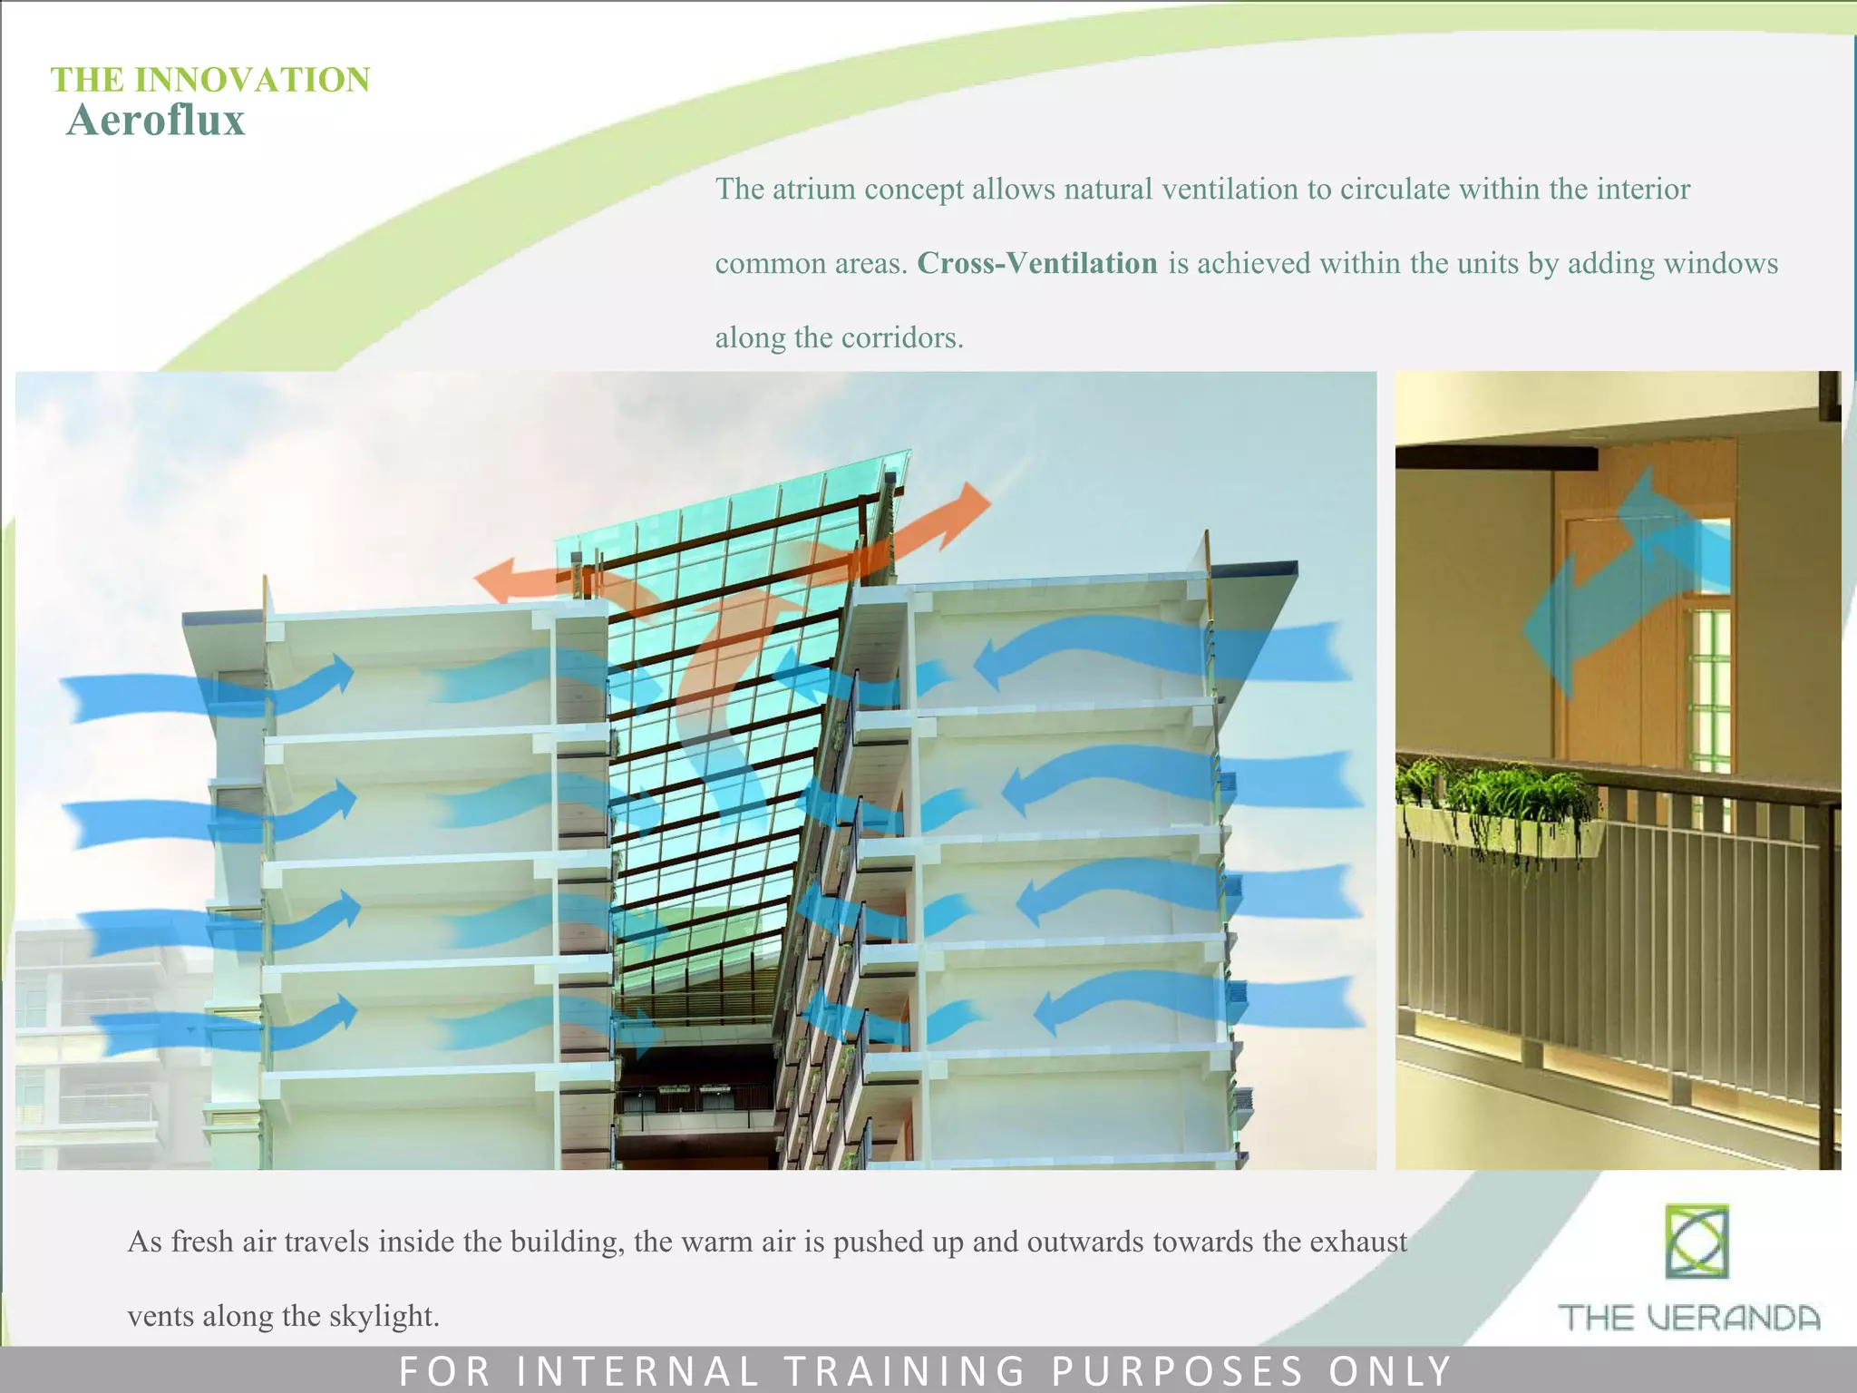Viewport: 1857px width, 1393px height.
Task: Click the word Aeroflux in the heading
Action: tap(156, 121)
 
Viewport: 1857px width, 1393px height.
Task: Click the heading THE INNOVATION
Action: tap(209, 80)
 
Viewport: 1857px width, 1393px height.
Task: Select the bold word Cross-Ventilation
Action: tap(1036, 263)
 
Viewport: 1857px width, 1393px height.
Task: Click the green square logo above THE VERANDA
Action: tap(1696, 1241)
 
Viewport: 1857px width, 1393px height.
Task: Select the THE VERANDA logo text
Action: tap(1688, 1317)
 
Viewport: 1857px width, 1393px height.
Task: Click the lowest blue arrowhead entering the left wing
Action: tap(345, 1010)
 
